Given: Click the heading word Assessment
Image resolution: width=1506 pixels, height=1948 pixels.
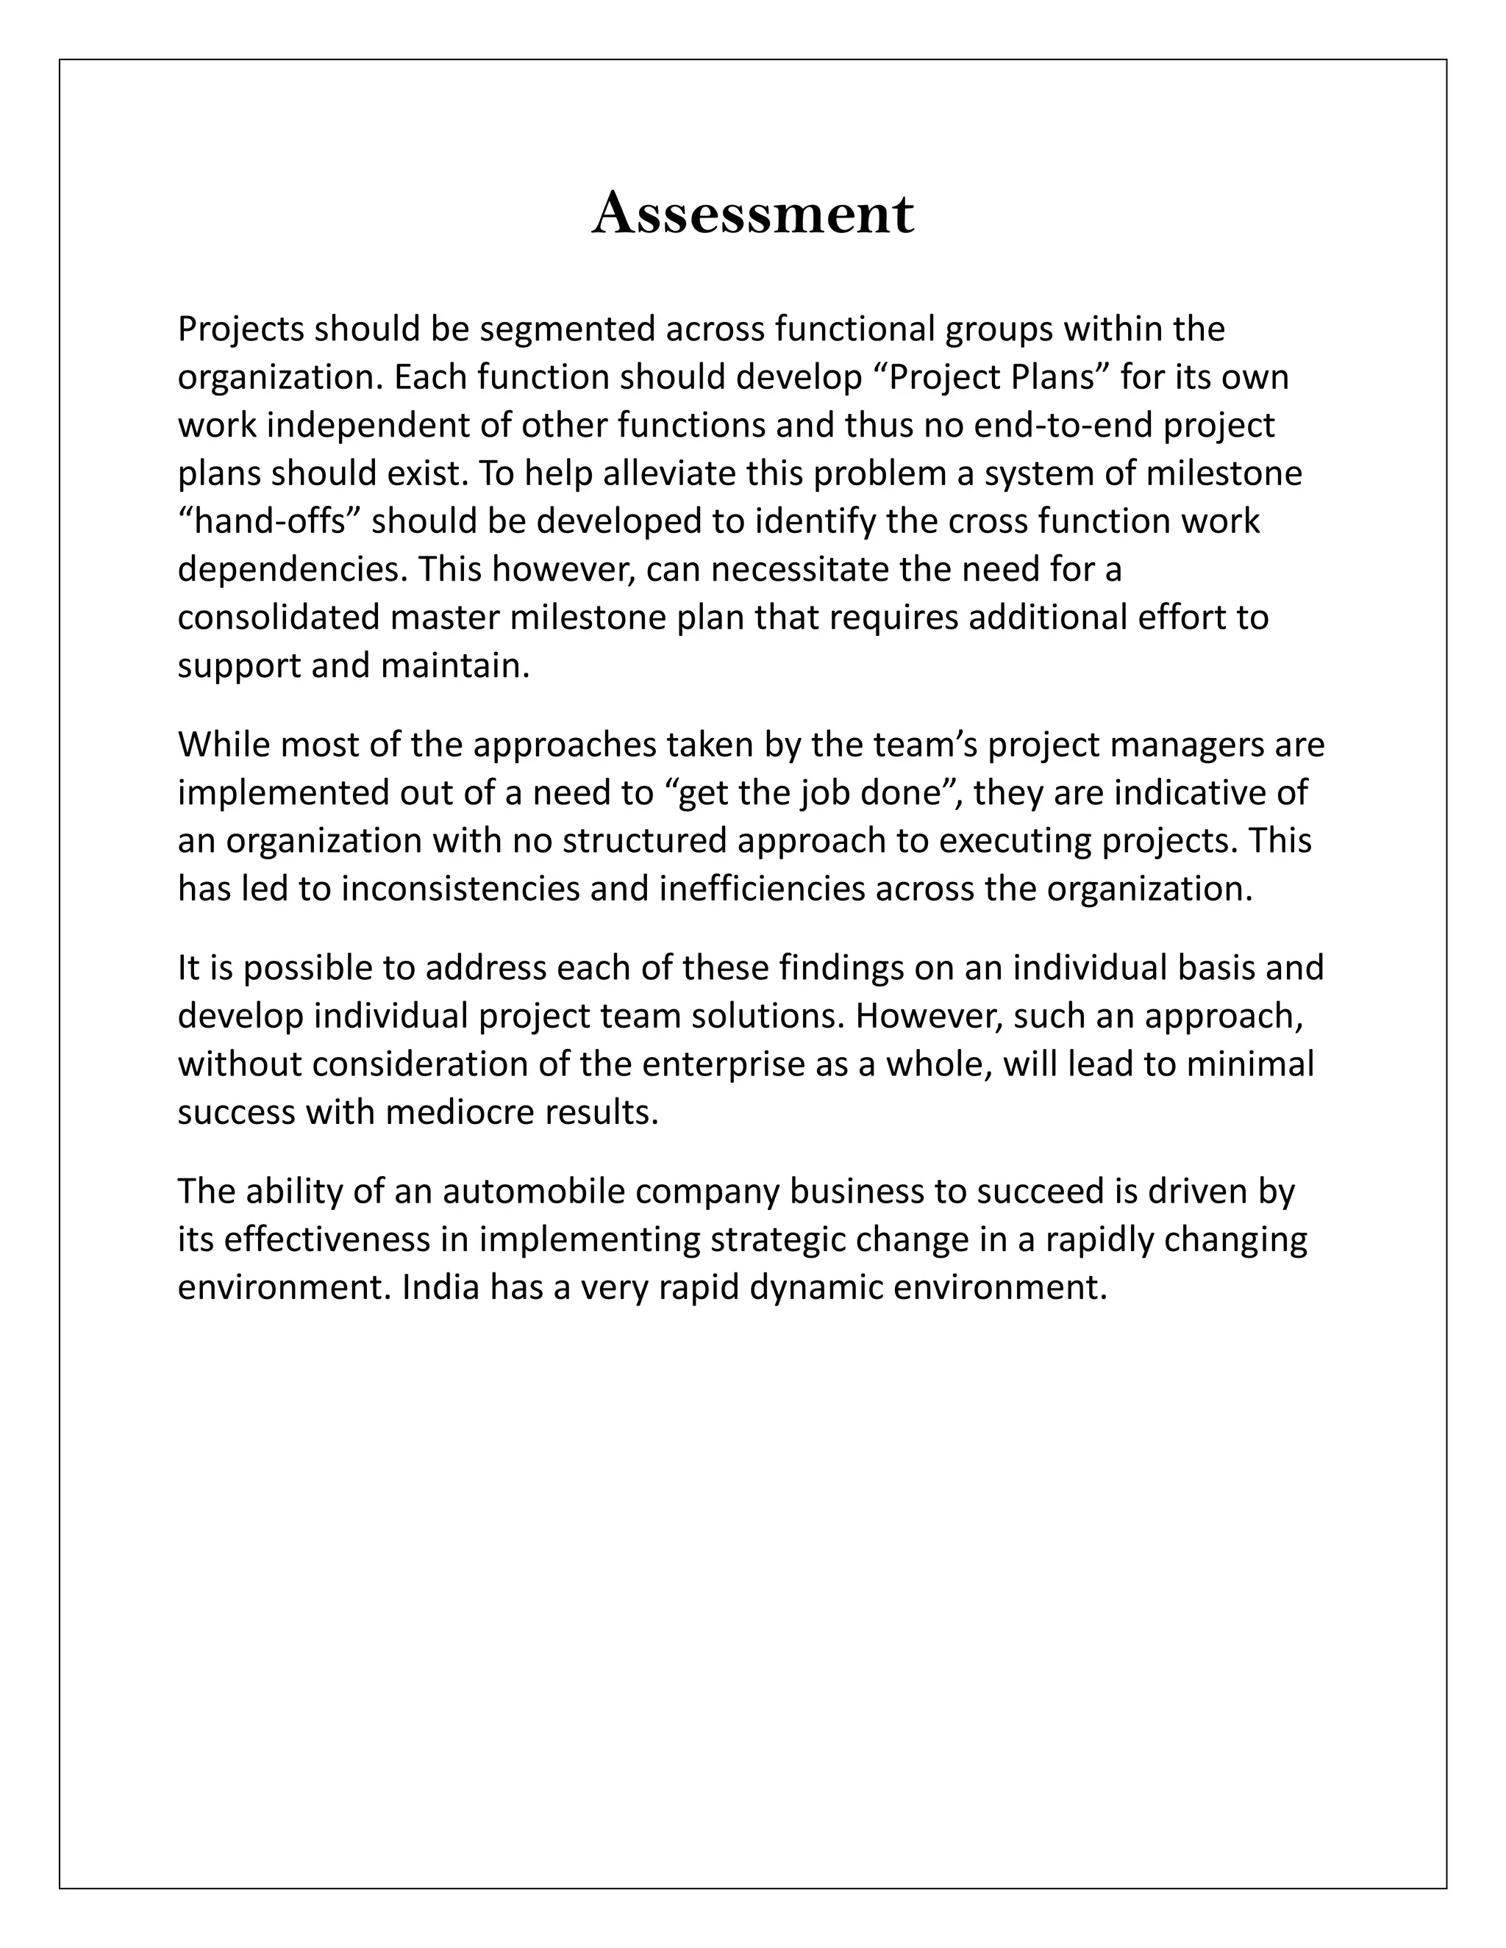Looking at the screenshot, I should pyautogui.click(x=752, y=214).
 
